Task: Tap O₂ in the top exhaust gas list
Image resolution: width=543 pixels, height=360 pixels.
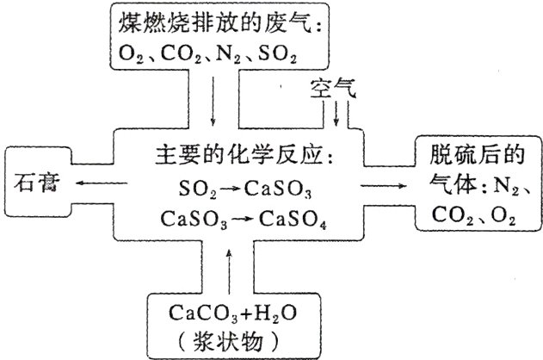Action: click(130, 58)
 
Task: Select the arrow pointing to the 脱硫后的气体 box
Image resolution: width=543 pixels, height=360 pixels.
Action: click(381, 184)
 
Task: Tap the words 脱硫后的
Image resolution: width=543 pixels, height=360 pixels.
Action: click(470, 156)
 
